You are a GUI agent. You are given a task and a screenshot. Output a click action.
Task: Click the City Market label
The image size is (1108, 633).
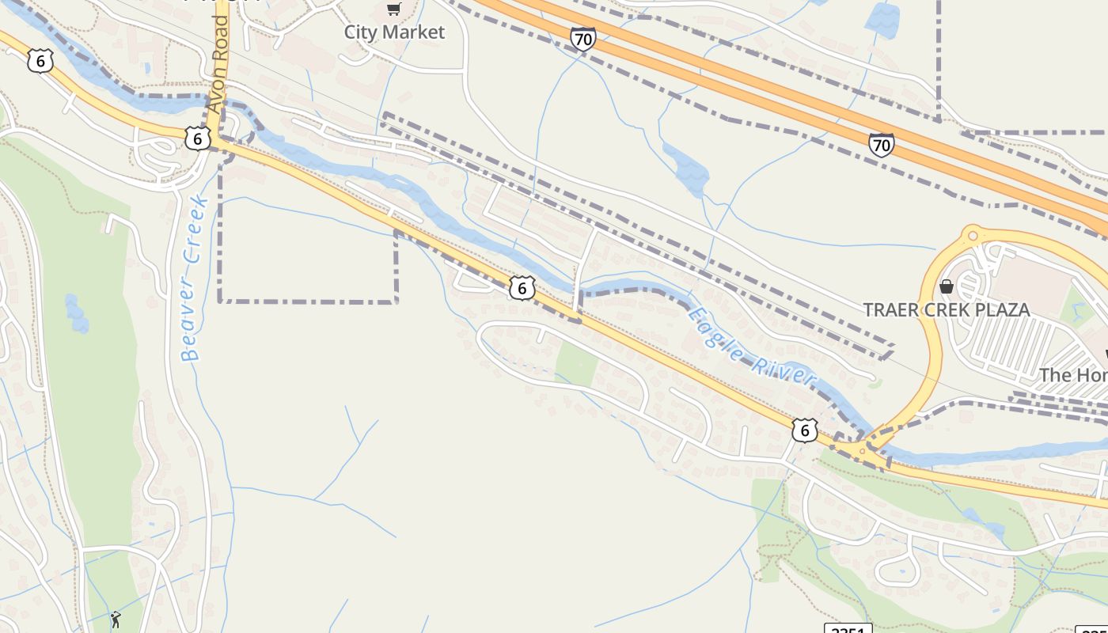coord(394,32)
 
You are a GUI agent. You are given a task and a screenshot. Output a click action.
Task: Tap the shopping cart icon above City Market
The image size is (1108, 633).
coord(393,9)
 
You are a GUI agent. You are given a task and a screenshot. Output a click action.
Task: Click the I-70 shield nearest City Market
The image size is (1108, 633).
coord(582,38)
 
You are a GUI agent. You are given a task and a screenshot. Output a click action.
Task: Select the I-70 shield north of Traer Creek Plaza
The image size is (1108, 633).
coord(881,145)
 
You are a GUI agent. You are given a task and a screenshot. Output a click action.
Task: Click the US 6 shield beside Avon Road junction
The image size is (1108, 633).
coord(198,138)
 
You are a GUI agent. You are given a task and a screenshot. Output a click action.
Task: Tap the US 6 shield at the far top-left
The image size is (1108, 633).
coord(39,61)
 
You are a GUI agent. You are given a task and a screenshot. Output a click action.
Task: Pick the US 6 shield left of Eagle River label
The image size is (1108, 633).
coord(522,288)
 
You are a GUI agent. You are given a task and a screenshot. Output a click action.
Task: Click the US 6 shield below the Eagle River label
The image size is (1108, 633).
coord(804,430)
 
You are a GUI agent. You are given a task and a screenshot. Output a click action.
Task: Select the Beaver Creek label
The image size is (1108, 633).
coord(194,279)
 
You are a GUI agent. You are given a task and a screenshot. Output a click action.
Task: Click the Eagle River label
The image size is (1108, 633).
coord(750,347)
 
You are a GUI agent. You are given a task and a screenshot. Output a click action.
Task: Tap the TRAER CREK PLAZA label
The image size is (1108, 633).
coord(947,309)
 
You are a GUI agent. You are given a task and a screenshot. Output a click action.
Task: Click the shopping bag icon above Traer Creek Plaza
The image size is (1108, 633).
coord(946,286)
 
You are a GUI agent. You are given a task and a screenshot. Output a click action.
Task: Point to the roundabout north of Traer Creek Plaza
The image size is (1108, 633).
coord(973,234)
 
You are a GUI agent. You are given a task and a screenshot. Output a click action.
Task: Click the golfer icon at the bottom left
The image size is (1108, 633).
coord(116,619)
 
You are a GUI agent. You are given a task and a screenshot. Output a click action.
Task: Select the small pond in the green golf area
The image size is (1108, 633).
coord(76,313)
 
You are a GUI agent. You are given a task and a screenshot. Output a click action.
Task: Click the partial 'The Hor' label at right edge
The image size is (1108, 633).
coord(1073,374)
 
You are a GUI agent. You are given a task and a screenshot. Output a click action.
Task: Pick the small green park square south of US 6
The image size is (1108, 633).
coord(577,365)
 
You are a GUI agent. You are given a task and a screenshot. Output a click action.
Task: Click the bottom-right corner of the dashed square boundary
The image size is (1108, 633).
coord(396,301)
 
